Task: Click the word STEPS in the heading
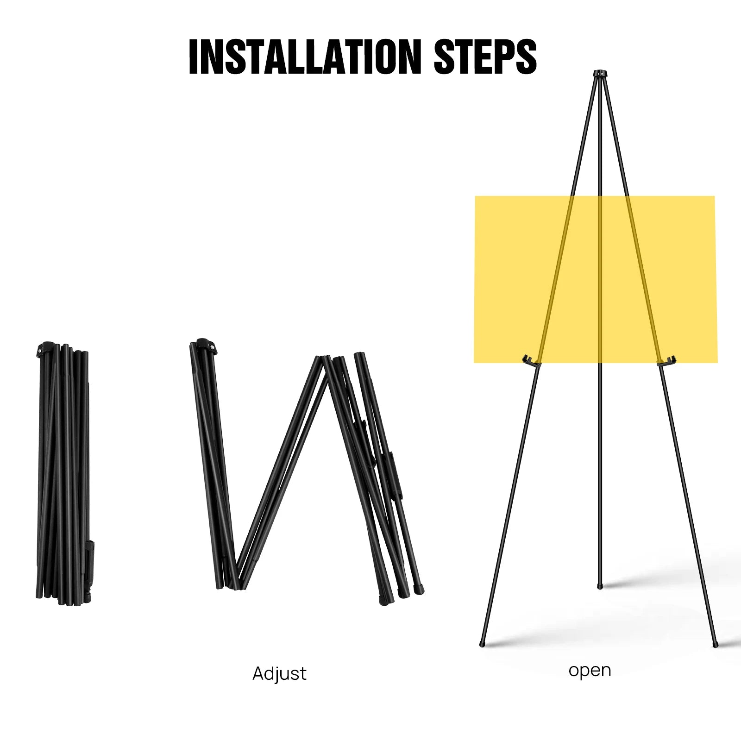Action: tap(485, 57)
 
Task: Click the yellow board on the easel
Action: tap(596, 279)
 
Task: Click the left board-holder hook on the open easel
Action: tap(531, 361)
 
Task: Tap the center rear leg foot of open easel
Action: tap(600, 586)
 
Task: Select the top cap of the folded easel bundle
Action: tap(46, 348)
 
